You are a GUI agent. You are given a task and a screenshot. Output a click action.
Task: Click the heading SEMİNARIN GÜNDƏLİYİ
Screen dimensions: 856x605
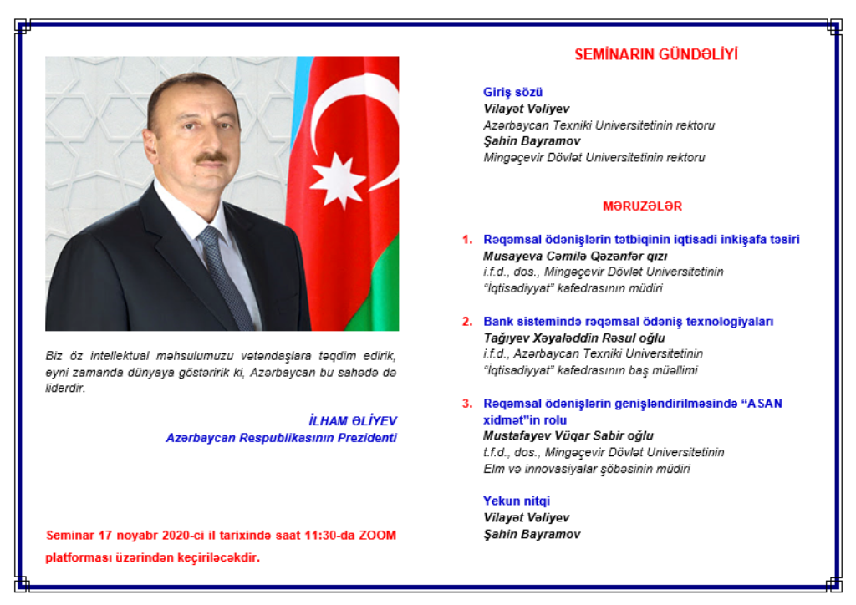(655, 54)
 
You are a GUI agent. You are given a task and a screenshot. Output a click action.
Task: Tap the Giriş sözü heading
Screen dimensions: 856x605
(512, 92)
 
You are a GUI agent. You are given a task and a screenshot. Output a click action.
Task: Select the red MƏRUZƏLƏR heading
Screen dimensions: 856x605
(642, 206)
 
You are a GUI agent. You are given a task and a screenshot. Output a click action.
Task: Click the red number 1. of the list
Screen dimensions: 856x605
(467, 240)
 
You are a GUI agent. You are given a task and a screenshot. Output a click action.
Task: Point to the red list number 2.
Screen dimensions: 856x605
(467, 322)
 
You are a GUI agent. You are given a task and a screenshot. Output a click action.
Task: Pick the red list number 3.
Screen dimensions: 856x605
(467, 404)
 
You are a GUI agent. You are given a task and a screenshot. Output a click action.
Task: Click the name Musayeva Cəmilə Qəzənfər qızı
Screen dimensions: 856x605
(575, 256)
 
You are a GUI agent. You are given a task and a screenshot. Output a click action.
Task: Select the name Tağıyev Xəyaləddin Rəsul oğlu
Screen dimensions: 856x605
(573, 338)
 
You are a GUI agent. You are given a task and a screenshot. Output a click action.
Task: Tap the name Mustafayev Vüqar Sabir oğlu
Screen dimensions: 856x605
(568, 436)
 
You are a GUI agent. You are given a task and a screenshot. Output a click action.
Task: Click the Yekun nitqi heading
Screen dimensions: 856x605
(517, 501)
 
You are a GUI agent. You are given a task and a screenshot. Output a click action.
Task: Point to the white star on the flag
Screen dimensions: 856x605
(338, 180)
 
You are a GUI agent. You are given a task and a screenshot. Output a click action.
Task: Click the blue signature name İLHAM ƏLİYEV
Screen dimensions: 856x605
(353, 420)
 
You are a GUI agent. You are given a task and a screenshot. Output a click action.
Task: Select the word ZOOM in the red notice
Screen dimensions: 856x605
(377, 535)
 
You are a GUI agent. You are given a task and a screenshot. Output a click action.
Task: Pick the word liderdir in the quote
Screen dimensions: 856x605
(65, 389)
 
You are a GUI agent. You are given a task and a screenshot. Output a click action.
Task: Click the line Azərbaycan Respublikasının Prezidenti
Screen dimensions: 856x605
(281, 438)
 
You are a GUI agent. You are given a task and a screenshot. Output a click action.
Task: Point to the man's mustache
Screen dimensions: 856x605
(211, 158)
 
